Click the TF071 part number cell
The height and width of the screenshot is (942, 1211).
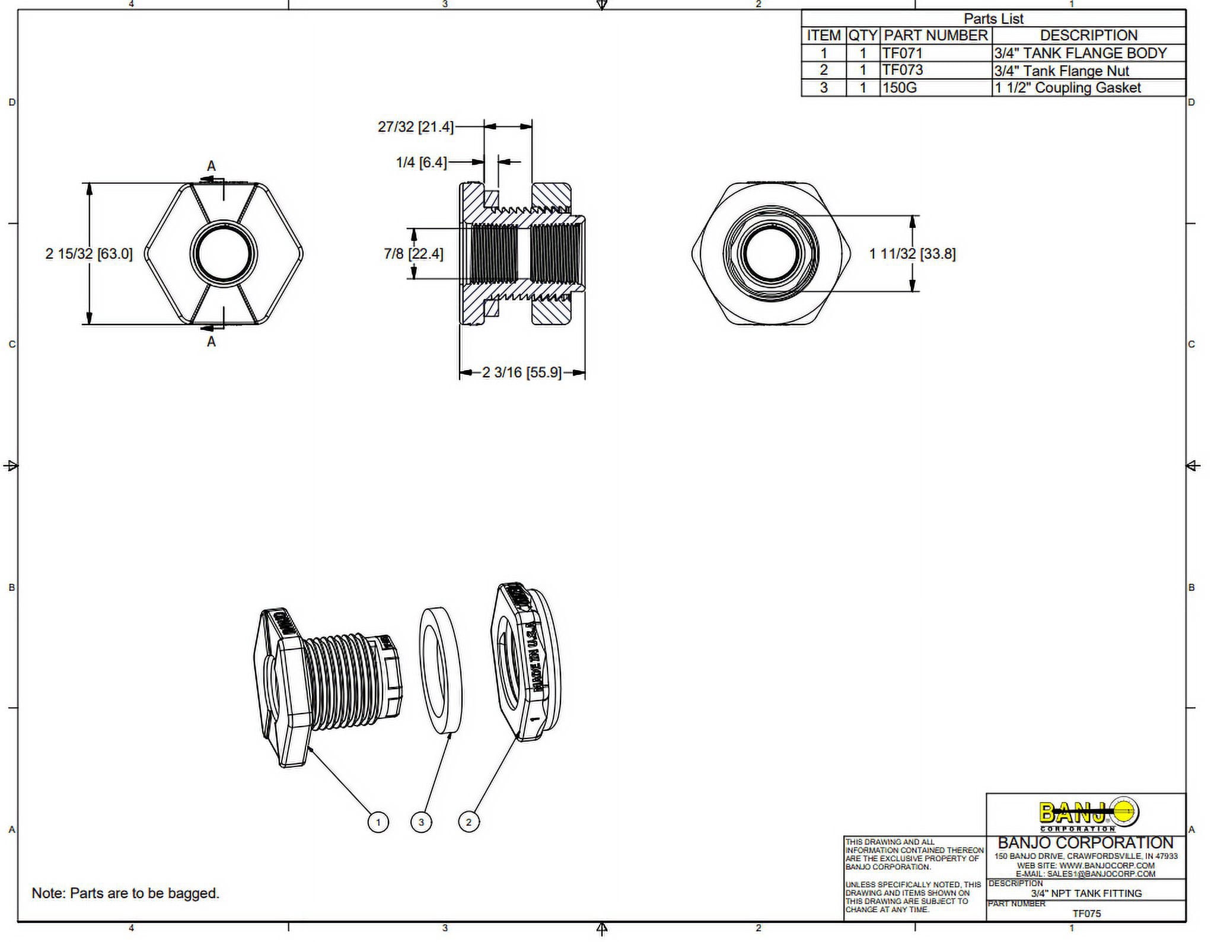pos(903,53)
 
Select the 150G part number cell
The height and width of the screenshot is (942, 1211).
pos(900,88)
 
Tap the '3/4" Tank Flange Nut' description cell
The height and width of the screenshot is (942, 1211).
pos(1062,71)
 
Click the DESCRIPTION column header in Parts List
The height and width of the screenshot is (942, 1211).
pos(1088,36)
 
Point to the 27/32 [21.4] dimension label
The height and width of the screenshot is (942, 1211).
pos(415,127)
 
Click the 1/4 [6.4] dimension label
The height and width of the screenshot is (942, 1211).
pos(421,162)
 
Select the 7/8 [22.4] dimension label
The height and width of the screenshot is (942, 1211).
pos(413,254)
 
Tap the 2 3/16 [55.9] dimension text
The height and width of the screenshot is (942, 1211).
pos(521,373)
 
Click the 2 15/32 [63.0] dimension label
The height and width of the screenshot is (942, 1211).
pos(89,254)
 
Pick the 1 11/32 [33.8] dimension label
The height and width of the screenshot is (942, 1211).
pos(912,254)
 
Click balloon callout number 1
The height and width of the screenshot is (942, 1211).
pos(378,822)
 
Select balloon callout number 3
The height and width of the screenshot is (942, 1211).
pos(421,822)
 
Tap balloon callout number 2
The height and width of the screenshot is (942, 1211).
pos(469,822)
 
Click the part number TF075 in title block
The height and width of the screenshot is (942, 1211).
pos(1086,914)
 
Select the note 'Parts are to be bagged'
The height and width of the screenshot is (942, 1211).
pos(126,893)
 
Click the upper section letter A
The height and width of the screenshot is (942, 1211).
pos(211,167)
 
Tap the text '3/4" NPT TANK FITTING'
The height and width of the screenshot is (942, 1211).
pos(1086,893)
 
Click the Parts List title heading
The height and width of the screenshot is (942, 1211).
pos(993,19)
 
